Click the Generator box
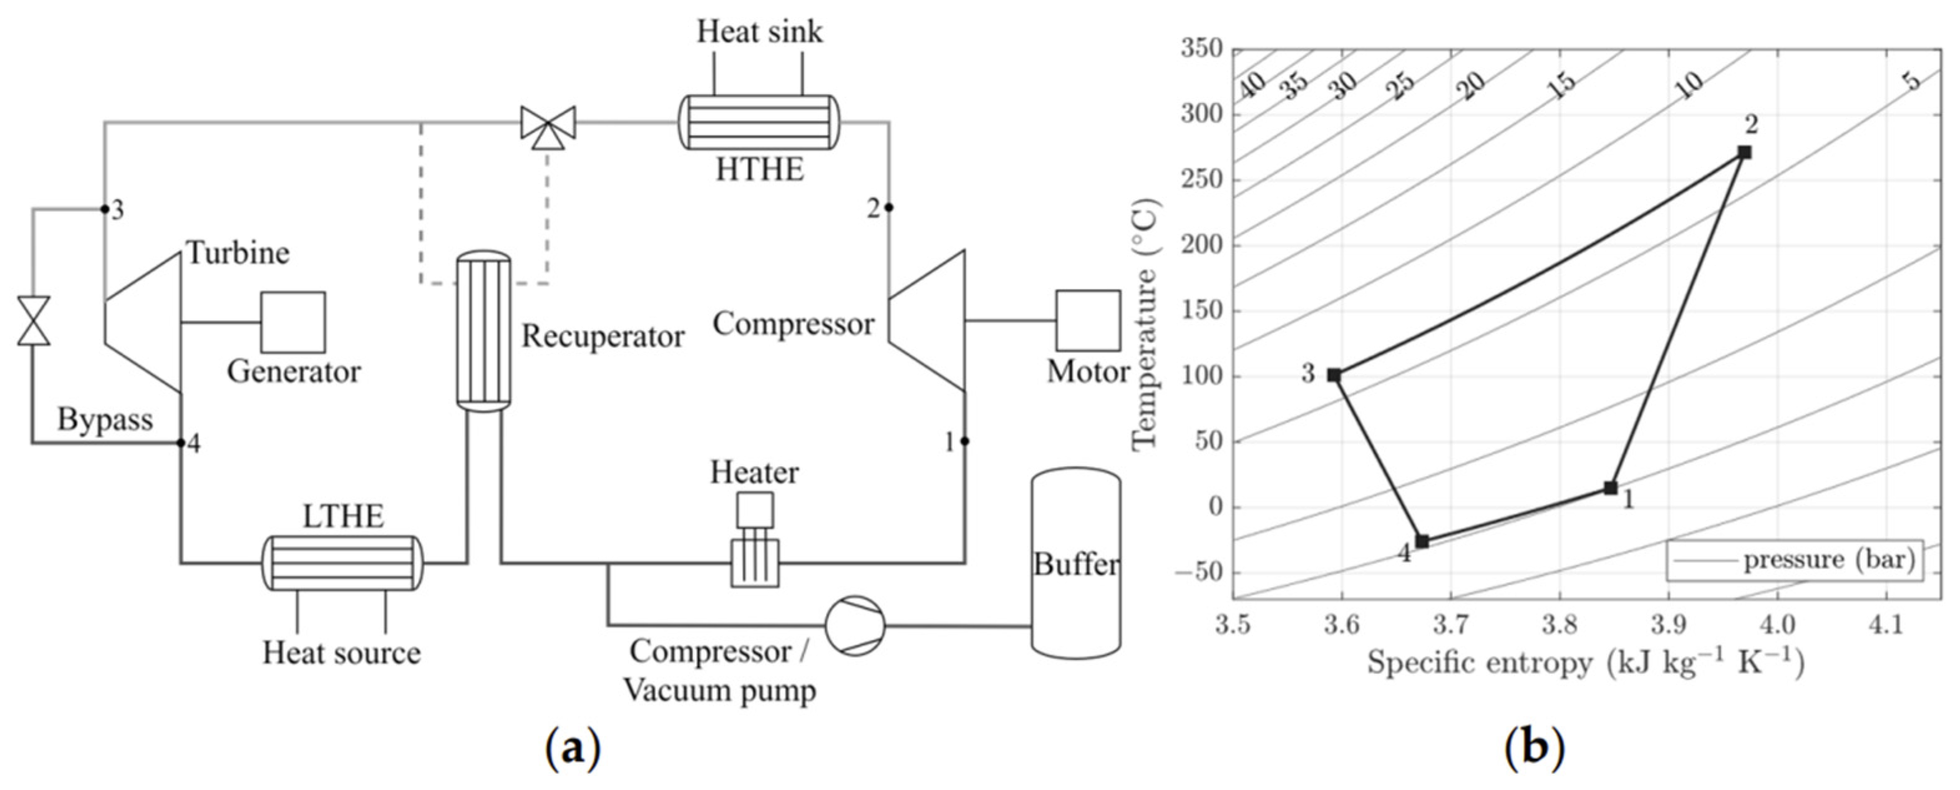(293, 322)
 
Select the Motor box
(1087, 320)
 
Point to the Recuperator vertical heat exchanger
(483, 331)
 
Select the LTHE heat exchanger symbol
(341, 563)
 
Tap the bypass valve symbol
(34, 320)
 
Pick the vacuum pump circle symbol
(855, 626)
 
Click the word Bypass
(105, 420)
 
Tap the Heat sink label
(759, 32)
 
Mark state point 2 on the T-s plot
(1745, 152)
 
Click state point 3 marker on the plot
(1334, 375)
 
